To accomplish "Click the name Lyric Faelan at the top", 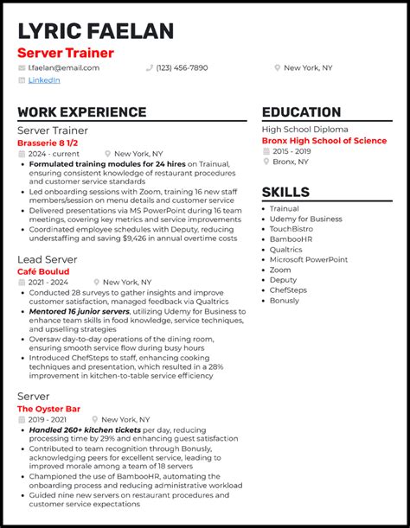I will coord(95,31).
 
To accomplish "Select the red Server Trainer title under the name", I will coord(66,53).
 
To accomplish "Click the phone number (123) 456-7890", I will coord(182,67).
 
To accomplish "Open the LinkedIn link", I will coord(44,80).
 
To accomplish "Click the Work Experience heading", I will coord(81,112).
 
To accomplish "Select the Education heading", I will coord(301,112).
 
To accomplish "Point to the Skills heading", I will coord(285,192).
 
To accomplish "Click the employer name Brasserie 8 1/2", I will coord(48,142).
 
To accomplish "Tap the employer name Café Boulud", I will coord(43,270).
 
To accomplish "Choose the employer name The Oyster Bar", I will coord(48,408).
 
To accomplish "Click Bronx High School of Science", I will coord(324,140).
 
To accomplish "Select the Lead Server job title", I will coord(48,258).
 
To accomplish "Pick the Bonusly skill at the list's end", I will coord(285,300).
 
